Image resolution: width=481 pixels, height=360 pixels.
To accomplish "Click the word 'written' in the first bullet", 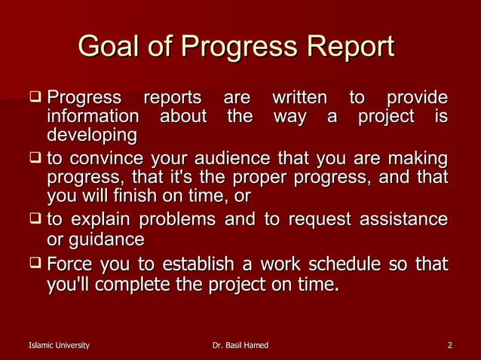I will pos(299,98).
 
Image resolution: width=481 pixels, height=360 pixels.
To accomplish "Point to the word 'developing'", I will pos(92,136).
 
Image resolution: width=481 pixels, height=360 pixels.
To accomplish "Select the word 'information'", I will pos(93,117).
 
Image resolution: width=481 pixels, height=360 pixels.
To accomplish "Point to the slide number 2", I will pos(449,346).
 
